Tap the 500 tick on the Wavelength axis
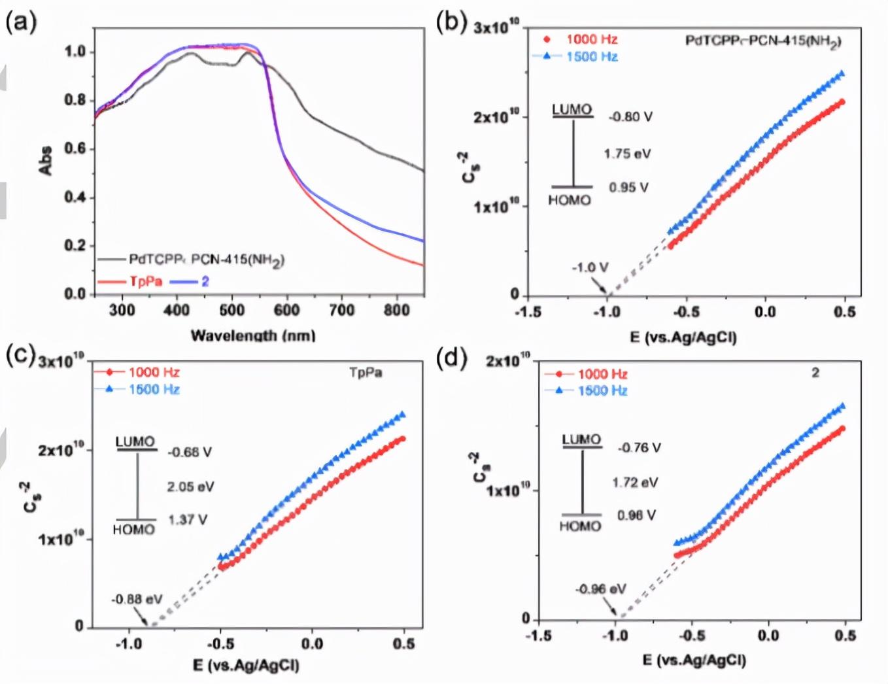(231, 310)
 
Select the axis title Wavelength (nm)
(252, 335)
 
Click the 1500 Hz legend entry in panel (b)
(592, 56)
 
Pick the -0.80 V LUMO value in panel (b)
(630, 117)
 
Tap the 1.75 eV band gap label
(627, 154)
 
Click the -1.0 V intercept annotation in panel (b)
(590, 267)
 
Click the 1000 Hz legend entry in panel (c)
(154, 372)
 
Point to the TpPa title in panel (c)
(366, 373)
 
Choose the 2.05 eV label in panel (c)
(190, 487)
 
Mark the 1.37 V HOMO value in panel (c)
(188, 520)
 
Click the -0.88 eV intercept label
(137, 600)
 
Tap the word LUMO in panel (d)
(581, 439)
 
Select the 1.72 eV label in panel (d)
(635, 483)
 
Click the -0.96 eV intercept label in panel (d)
(601, 589)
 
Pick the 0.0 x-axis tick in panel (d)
(768, 636)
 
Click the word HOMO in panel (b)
(570, 200)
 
